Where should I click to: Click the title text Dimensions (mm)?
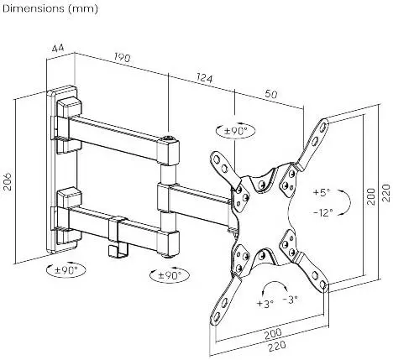tap(50, 9)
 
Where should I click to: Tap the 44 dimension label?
tap(58, 49)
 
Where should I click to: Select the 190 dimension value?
tap(123, 58)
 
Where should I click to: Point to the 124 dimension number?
tap(205, 78)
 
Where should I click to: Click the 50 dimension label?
tap(271, 94)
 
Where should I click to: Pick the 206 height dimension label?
tap(8, 181)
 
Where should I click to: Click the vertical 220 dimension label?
tap(385, 193)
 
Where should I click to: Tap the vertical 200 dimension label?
tap(371, 196)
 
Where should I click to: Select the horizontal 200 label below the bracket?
tap(273, 333)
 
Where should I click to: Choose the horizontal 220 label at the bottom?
tap(277, 347)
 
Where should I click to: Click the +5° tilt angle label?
tap(322, 192)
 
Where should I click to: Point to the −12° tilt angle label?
tap(322, 213)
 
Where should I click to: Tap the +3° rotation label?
tap(265, 303)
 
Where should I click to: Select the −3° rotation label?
tap(290, 300)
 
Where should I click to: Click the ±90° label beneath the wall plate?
tap(66, 270)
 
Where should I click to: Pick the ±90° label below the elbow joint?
tap(170, 275)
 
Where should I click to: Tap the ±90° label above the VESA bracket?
tap(236, 131)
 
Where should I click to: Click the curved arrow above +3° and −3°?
tap(275, 282)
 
